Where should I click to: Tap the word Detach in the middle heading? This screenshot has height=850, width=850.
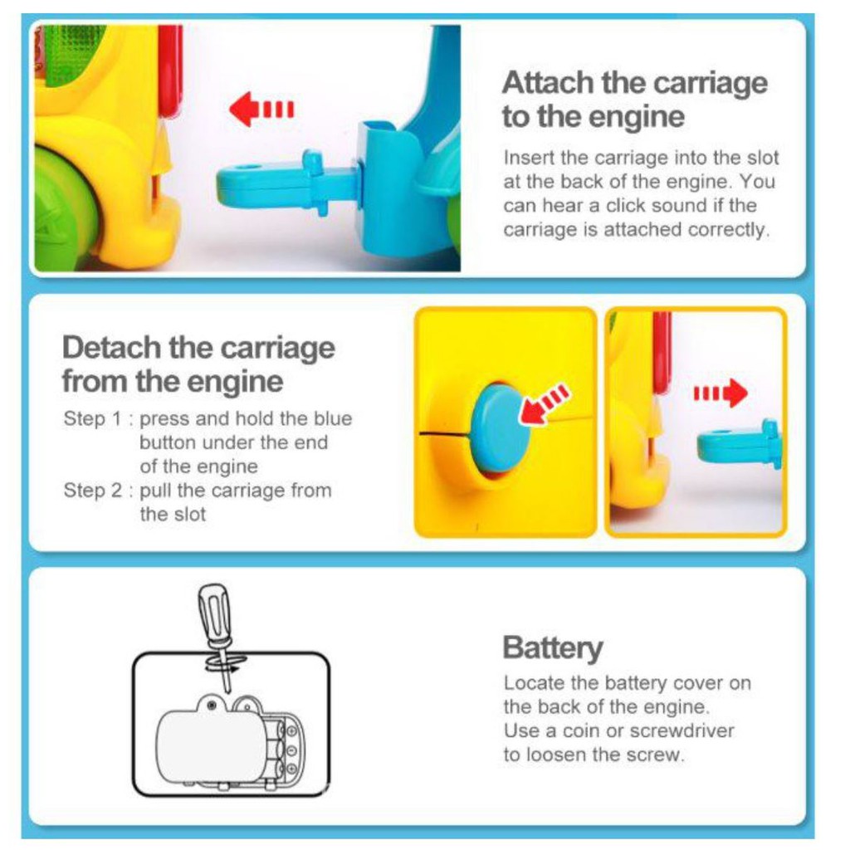[111, 348]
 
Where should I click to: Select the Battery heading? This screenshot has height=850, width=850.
[552, 647]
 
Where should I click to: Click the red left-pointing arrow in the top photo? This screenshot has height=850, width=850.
[261, 109]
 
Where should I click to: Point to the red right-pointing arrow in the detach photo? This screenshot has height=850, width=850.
[721, 393]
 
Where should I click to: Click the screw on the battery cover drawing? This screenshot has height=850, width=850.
[212, 705]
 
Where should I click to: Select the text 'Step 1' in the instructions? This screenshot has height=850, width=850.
[92, 418]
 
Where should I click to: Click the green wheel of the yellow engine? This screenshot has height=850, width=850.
[60, 208]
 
